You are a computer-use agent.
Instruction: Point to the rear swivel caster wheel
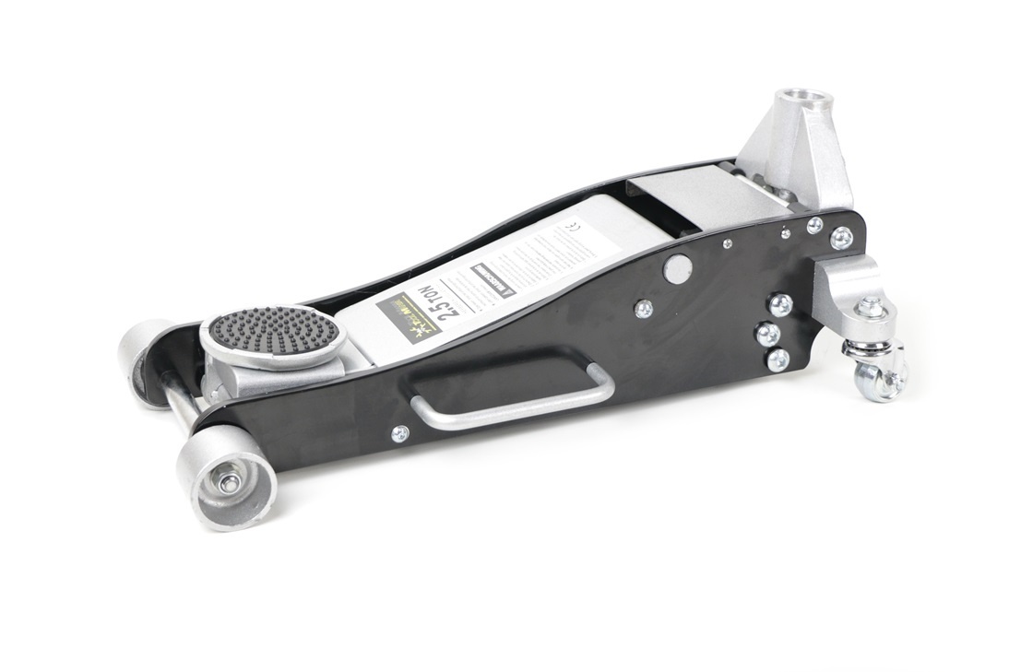tap(879, 376)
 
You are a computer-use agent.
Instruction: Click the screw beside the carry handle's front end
tap(399, 432)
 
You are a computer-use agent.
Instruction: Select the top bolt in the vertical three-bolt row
tap(779, 304)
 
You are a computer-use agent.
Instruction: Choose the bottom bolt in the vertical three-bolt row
tap(778, 359)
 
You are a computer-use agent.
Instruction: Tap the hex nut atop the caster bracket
tap(871, 309)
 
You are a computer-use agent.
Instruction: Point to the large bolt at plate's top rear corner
tap(840, 238)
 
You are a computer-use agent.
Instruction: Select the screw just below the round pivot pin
tap(644, 308)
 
